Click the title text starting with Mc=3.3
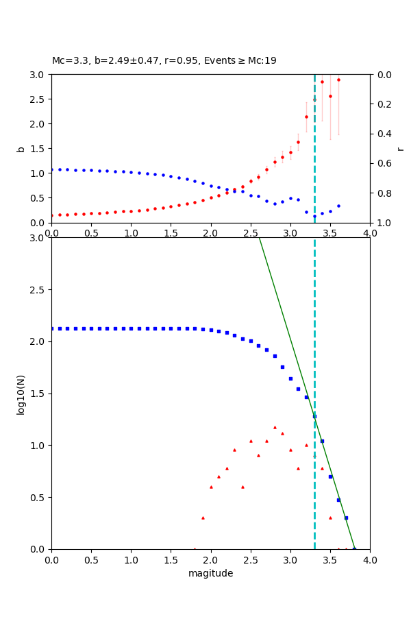(x=164, y=60)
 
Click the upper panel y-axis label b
(x=21, y=149)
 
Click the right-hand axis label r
(x=400, y=149)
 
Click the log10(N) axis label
(x=21, y=394)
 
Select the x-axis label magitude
(x=210, y=573)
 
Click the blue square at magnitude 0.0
(x=52, y=328)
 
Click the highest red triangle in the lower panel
(x=275, y=427)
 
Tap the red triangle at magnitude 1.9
(x=203, y=518)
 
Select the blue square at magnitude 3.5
(x=330, y=476)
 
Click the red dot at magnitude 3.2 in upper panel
(x=306, y=117)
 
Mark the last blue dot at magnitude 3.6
(x=338, y=206)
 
